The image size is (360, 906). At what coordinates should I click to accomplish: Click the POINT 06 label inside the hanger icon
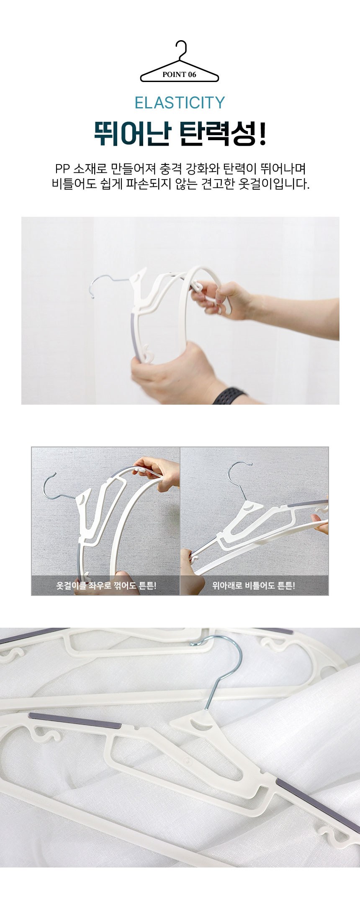179,74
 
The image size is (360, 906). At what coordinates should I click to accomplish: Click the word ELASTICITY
180,103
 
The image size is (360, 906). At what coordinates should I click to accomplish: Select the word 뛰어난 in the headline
131,133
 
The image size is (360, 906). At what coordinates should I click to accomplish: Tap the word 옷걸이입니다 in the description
273,184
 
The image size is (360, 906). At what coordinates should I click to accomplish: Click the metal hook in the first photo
105,283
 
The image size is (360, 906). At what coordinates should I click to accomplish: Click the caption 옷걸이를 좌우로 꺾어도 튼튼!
106,585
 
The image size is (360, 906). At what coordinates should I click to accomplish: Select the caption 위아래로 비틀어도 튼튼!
254,585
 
